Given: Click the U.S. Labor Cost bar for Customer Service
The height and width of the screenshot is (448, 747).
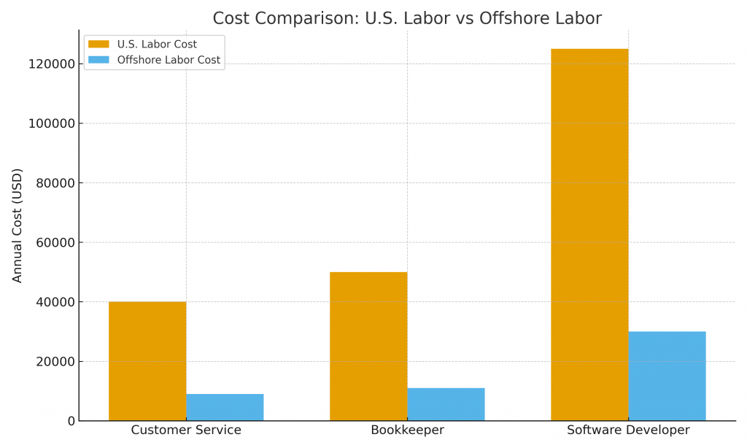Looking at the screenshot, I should click(x=147, y=361).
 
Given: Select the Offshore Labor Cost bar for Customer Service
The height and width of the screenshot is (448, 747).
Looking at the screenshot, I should click(x=225, y=407).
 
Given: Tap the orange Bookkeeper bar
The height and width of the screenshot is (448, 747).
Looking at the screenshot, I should click(x=368, y=347).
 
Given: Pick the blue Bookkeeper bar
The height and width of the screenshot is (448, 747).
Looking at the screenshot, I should click(x=446, y=404).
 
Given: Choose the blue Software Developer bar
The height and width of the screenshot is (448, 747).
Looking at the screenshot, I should click(x=667, y=376).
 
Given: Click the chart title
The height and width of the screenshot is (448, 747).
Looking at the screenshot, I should click(x=407, y=18).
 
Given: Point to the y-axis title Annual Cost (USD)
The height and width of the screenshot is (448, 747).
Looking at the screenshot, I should click(x=18, y=225).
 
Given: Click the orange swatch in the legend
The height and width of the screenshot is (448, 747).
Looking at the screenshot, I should click(x=98, y=45).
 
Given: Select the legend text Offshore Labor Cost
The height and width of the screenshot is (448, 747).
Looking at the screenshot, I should click(x=169, y=61).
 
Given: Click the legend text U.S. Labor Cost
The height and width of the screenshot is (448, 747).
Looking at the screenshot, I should click(x=157, y=45).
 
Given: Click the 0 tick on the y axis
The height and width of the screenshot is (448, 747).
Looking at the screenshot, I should click(x=70, y=421).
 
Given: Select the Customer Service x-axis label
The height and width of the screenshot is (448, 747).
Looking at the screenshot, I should click(x=186, y=430).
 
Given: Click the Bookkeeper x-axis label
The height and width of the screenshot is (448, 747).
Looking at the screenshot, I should click(x=407, y=430).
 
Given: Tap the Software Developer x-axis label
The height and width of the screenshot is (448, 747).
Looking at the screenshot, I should click(x=628, y=430).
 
